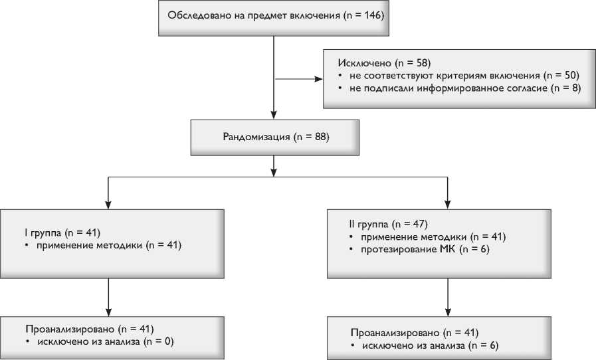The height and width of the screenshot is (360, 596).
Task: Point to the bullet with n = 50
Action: tap(462, 76)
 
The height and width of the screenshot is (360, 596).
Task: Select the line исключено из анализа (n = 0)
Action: tap(104, 341)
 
